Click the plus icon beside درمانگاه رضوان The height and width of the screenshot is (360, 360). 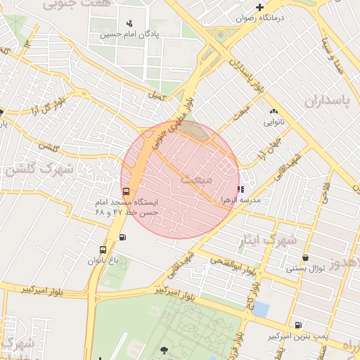point(259,7)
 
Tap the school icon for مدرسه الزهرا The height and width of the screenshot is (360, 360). point(241,188)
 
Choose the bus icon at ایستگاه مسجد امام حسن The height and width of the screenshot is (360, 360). point(126,191)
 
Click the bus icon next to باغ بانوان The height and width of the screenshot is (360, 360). point(103,250)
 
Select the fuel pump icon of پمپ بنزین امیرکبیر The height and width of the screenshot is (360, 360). point(298,325)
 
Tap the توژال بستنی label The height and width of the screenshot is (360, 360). point(305,268)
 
